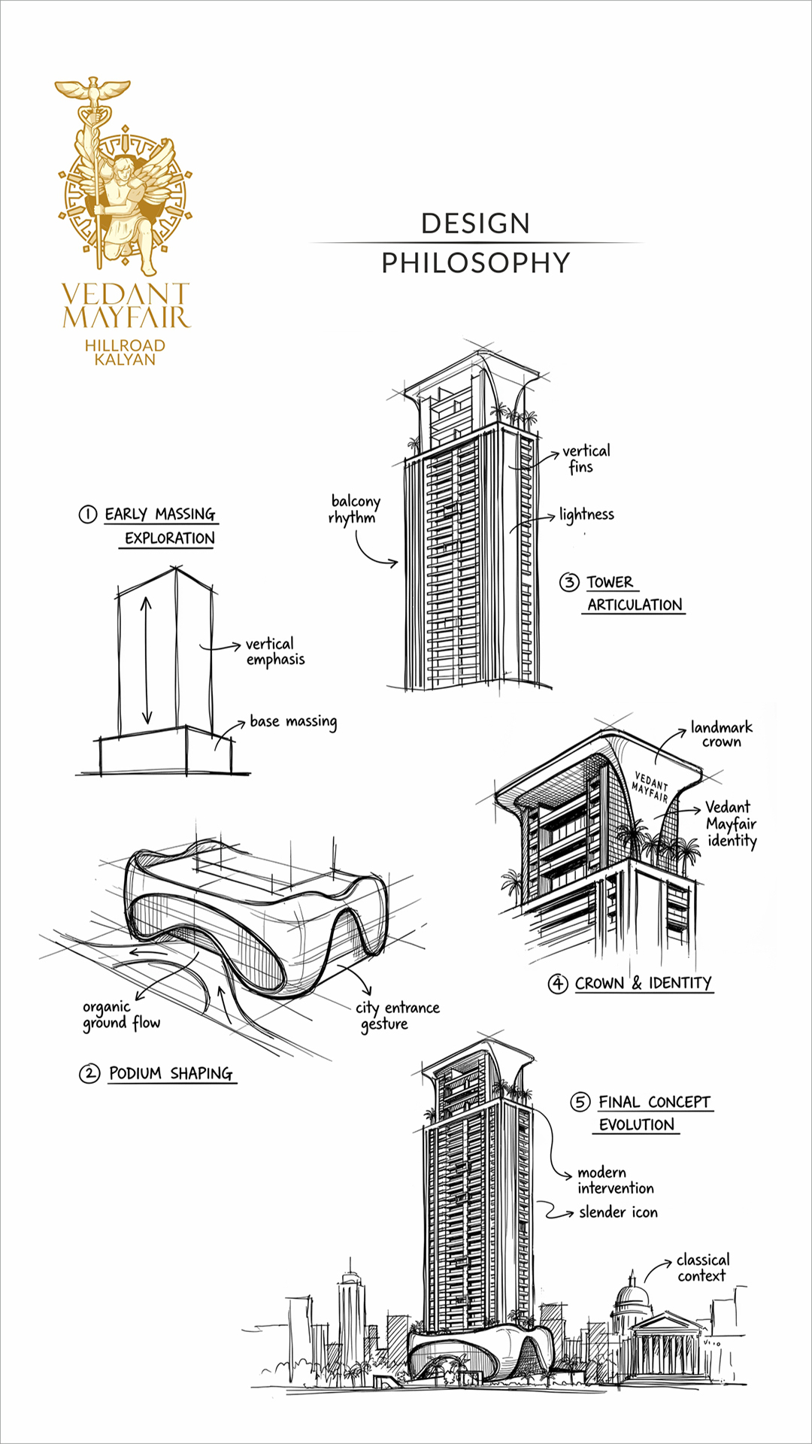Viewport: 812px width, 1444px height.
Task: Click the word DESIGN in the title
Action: click(475, 223)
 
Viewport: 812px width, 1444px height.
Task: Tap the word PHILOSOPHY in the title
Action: click(475, 262)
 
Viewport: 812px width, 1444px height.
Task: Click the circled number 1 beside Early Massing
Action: click(88, 514)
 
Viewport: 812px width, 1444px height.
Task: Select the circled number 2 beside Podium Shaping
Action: click(89, 1073)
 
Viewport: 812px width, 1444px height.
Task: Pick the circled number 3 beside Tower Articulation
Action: click(569, 582)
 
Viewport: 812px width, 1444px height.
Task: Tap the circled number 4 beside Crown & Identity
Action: click(557, 984)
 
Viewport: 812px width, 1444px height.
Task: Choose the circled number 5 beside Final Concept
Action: click(580, 1103)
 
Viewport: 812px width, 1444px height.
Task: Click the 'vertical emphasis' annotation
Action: click(274, 651)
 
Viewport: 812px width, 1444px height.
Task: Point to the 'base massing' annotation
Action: click(293, 721)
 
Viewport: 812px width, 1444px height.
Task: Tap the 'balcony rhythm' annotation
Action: click(355, 509)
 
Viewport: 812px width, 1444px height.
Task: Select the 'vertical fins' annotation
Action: click(586, 458)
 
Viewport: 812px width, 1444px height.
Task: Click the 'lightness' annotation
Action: click(586, 514)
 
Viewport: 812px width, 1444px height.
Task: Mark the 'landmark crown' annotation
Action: click(721, 734)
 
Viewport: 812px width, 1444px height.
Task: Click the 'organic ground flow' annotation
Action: click(120, 1015)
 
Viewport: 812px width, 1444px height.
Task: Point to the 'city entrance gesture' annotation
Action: click(397, 1015)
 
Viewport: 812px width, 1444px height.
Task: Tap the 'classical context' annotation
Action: click(702, 1267)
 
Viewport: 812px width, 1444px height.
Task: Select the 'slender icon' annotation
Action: click(618, 1212)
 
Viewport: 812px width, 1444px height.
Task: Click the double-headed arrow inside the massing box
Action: click(147, 660)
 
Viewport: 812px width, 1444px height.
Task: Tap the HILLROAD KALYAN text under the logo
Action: click(125, 352)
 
